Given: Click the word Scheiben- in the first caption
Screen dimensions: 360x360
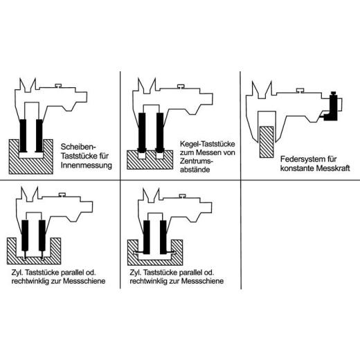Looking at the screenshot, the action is pyautogui.click(x=78, y=147).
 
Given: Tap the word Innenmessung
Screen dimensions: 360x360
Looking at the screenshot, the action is pyautogui.click(x=87, y=165).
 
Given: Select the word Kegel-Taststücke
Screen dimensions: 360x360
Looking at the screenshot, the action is pyautogui.click(x=208, y=144).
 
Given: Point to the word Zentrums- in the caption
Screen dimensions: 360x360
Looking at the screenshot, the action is pyautogui.click(x=197, y=161).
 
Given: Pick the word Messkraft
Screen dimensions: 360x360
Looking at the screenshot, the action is pyautogui.click(x=333, y=168).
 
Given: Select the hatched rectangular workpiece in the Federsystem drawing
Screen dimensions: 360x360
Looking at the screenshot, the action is pyautogui.click(x=267, y=142).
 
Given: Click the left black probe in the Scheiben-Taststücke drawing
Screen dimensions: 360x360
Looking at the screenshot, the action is pyautogui.click(x=23, y=136).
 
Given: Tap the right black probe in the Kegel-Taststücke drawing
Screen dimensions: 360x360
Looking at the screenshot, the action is pyautogui.click(x=160, y=133).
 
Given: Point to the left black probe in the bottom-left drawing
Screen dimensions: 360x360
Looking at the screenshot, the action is pyautogui.click(x=25, y=235).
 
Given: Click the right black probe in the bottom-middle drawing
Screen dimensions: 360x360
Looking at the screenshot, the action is pyautogui.click(x=163, y=237).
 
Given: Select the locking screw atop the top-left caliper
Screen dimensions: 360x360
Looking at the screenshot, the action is pyautogui.click(x=60, y=85).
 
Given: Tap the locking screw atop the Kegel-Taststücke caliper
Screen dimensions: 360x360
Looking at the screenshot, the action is pyautogui.click(x=181, y=87).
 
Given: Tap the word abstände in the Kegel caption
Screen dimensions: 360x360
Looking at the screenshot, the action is pyautogui.click(x=195, y=170).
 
